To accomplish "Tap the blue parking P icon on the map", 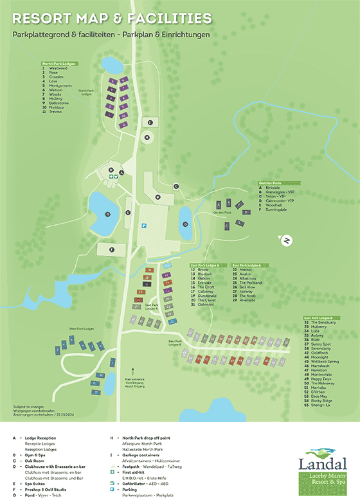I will (x=144, y=226).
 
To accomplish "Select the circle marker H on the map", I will (x=147, y=137).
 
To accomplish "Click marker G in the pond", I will (x=108, y=214).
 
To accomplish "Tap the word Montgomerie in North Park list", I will (x=61, y=86).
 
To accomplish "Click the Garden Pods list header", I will (x=271, y=182).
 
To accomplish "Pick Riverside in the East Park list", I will (x=248, y=299).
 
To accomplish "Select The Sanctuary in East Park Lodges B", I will (x=321, y=321).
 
